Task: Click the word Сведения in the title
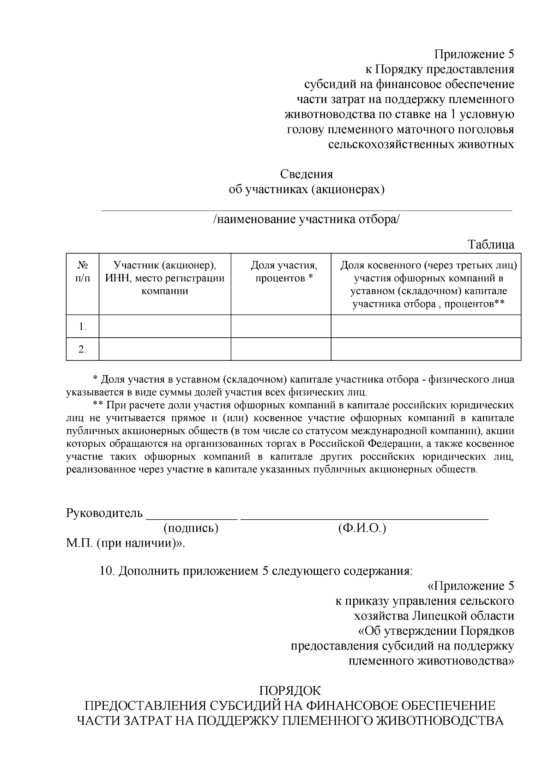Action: point(307,175)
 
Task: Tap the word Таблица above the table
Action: point(491,244)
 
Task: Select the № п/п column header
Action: point(83,272)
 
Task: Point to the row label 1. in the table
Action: point(83,327)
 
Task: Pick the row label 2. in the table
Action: point(83,349)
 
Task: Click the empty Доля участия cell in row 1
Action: point(281,327)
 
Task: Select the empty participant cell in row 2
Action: point(165,349)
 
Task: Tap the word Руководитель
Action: point(105,513)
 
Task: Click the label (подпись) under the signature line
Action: point(191,528)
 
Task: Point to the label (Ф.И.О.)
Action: point(362,528)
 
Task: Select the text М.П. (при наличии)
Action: point(125,543)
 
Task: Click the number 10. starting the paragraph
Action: point(107,571)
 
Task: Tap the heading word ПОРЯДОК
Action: point(290,691)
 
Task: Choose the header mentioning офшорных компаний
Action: point(428,285)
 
